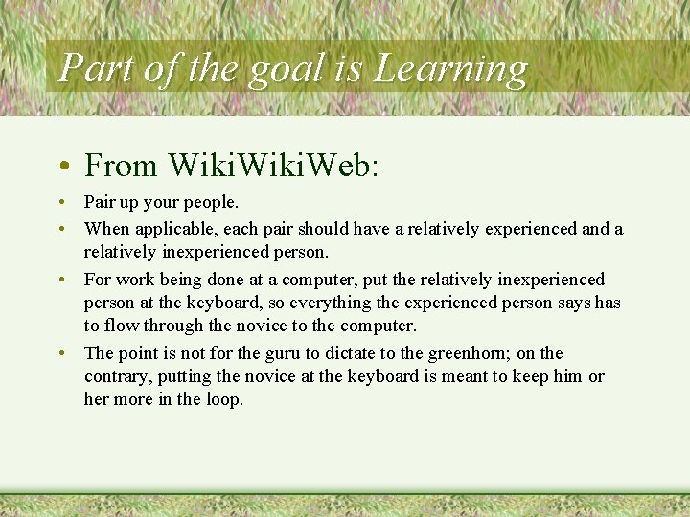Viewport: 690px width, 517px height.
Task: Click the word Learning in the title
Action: pos(450,69)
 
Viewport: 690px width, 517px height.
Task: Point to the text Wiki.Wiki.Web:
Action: pos(273,166)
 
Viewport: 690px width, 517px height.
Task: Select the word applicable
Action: pos(169,229)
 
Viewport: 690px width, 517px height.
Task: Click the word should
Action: pos(323,229)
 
